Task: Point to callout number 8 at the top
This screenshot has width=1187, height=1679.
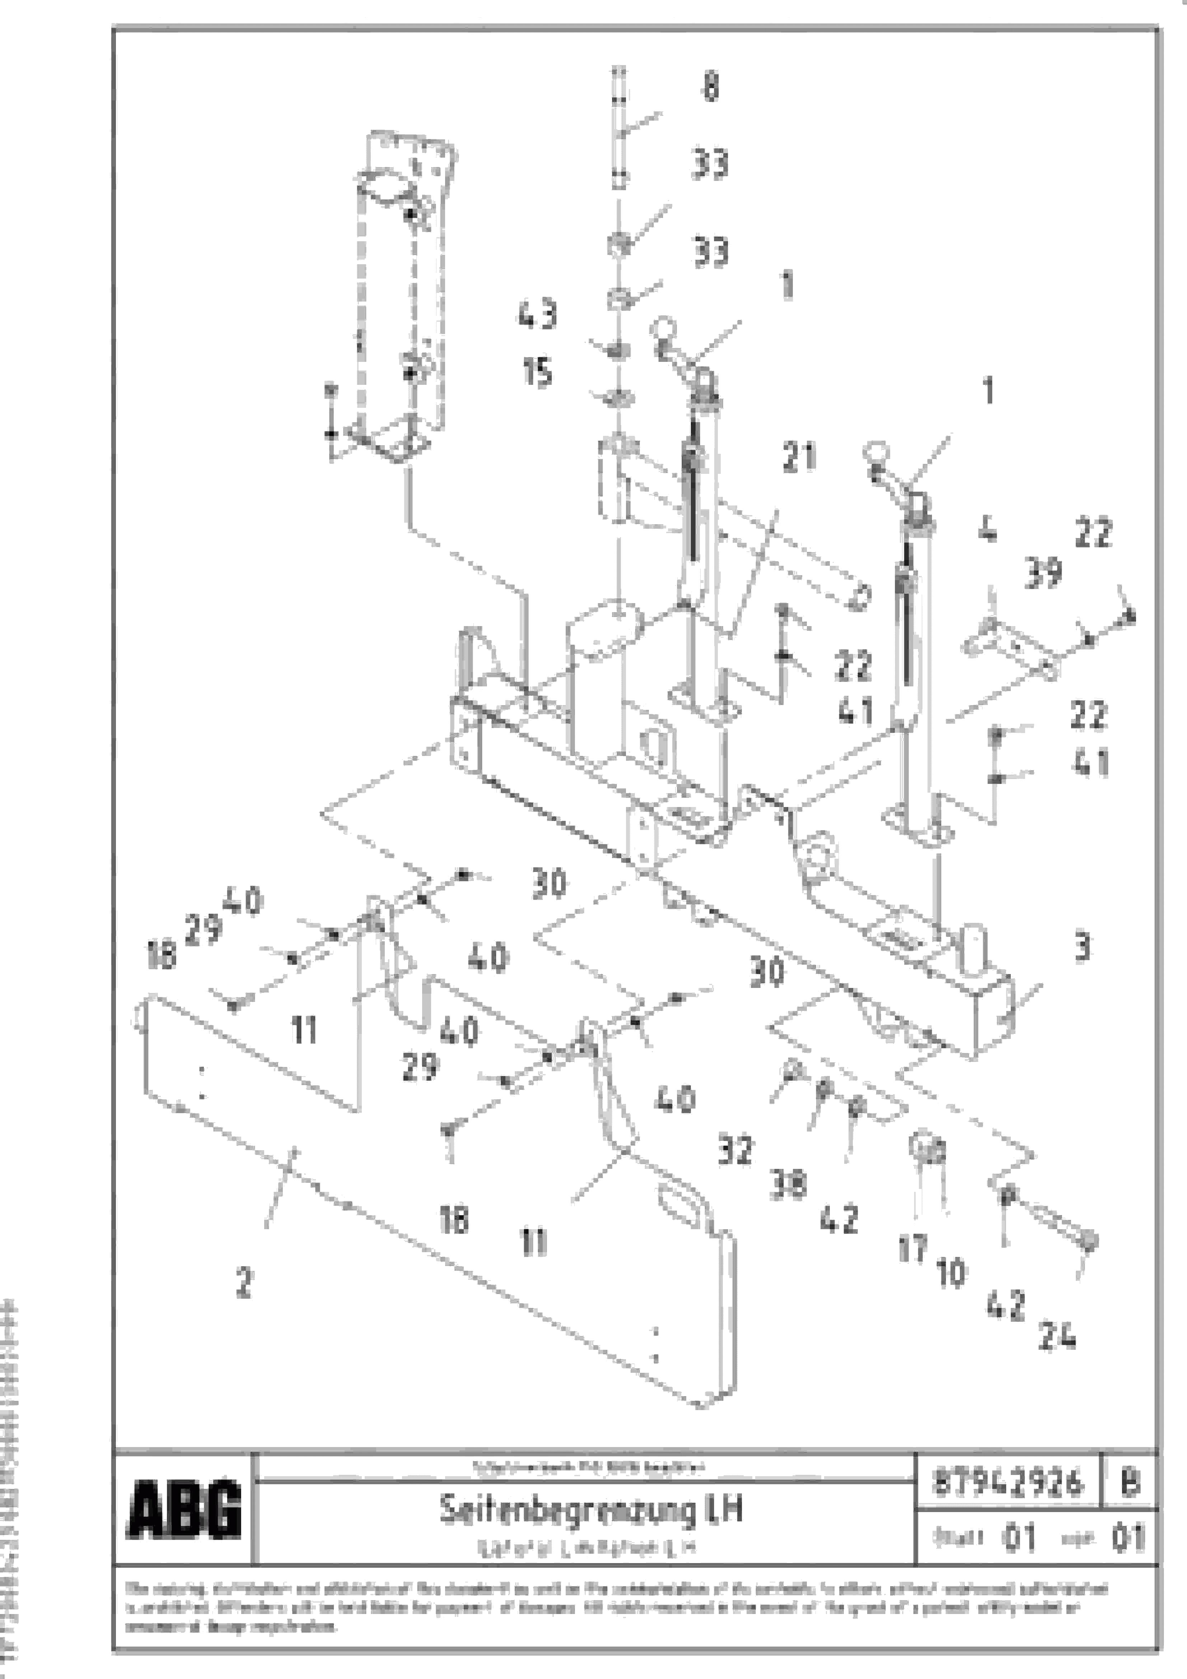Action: [710, 86]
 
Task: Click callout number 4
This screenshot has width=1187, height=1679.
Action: [987, 530]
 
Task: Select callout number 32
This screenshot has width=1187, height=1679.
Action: [735, 1150]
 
